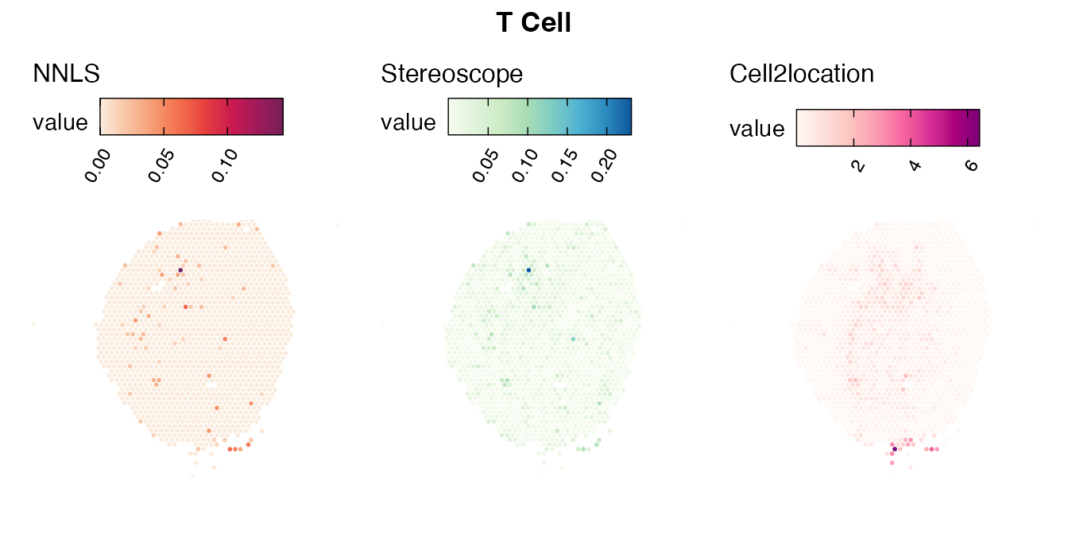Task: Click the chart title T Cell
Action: pyautogui.click(x=533, y=23)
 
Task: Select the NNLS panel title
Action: pyautogui.click(x=66, y=74)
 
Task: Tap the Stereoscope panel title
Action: pyautogui.click(x=451, y=74)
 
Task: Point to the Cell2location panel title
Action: pyautogui.click(x=801, y=74)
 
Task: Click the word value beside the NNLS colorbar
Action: pyautogui.click(x=60, y=122)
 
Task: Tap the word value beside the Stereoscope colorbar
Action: pyautogui.click(x=408, y=122)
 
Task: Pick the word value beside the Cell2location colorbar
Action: pyautogui.click(x=757, y=129)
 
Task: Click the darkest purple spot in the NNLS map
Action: pyautogui.click(x=180, y=270)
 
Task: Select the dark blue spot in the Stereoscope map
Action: pyautogui.click(x=528, y=270)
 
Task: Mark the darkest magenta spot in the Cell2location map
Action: pyautogui.click(x=894, y=449)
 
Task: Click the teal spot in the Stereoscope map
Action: pyautogui.click(x=573, y=339)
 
